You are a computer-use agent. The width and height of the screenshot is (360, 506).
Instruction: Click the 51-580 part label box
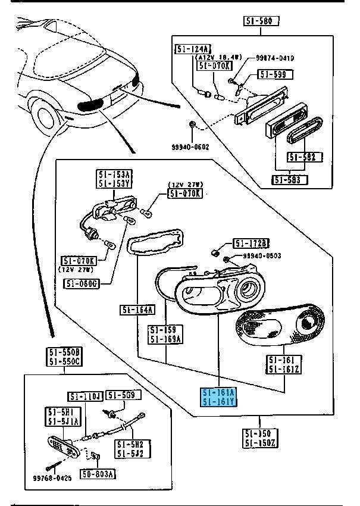(261, 22)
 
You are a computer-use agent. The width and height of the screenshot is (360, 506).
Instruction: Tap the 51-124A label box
(192, 49)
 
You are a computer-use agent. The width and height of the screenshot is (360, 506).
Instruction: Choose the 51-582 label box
(304, 157)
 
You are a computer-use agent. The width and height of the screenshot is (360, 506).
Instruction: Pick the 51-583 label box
(289, 180)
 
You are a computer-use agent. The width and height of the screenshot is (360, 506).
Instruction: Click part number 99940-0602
(192, 146)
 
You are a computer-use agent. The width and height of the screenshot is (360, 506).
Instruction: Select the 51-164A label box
(137, 310)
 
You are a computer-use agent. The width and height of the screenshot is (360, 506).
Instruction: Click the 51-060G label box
(80, 283)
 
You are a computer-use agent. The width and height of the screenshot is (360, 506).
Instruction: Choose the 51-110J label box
(86, 396)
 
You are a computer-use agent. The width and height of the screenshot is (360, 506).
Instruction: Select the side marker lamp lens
(64, 443)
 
